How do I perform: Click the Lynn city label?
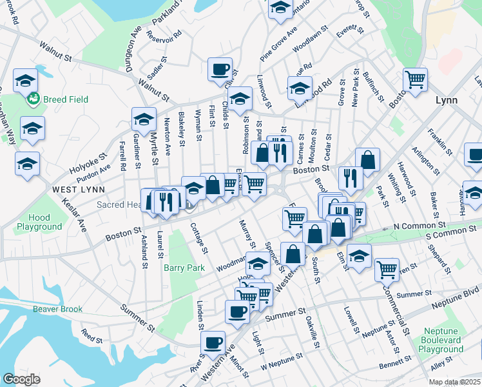[446, 100]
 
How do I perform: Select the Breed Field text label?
[66, 99]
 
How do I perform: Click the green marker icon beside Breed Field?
[32, 99]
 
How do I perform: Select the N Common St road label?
[419, 225]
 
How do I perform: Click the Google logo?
[21, 379]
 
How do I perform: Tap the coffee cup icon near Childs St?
[220, 69]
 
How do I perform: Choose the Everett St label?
[351, 30]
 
